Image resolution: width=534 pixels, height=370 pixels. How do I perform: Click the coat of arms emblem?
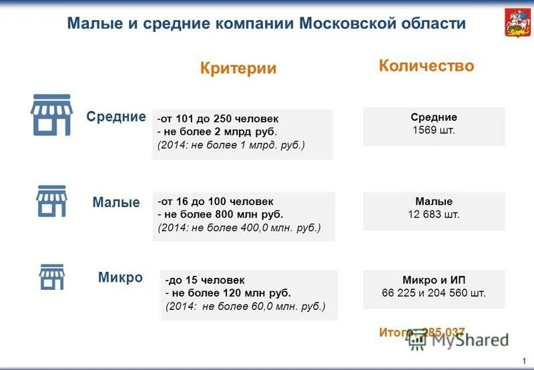[x=513, y=24]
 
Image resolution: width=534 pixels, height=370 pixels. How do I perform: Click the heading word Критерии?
[x=238, y=68]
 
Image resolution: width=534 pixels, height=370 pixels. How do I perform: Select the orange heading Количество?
[x=427, y=65]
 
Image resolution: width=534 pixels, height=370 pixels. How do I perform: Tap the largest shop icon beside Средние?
[x=51, y=115]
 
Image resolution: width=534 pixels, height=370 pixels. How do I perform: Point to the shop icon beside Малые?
[x=51, y=201]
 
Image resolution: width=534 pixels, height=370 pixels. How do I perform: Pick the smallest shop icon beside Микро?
[x=51, y=276]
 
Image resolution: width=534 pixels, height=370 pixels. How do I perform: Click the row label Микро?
[x=120, y=277]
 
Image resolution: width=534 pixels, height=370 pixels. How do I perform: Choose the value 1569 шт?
[x=434, y=130]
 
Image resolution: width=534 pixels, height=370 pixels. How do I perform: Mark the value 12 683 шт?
[x=434, y=214]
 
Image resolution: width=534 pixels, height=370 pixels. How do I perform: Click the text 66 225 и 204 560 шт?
[x=434, y=293]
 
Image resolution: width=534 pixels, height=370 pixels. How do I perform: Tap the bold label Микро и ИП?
[x=434, y=279]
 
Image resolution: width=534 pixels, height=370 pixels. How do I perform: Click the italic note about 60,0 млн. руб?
[x=246, y=307]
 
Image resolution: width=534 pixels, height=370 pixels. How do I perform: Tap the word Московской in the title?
[x=347, y=24]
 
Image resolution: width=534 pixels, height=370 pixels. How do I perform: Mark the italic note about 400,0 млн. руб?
[x=240, y=228]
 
